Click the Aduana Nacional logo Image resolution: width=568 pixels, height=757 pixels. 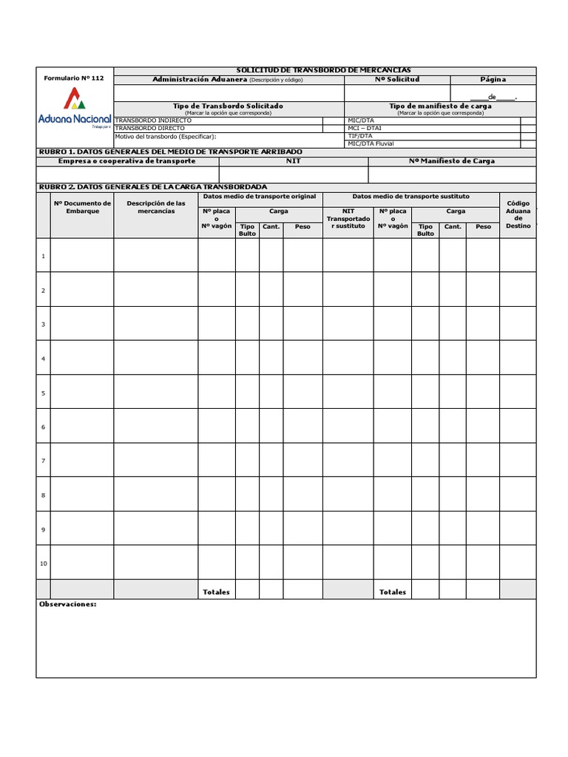(x=74, y=108)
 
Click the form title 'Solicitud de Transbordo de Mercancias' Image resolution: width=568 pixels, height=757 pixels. (x=323, y=69)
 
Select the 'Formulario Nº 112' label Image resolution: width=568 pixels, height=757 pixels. (x=74, y=78)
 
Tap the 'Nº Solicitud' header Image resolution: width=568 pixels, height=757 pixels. (x=397, y=79)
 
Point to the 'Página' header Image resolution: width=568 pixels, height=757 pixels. (x=493, y=79)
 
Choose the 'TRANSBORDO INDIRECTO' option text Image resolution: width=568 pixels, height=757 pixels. (x=153, y=120)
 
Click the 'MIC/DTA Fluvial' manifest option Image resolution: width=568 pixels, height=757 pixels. (x=371, y=144)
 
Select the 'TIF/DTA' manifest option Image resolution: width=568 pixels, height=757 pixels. (x=360, y=136)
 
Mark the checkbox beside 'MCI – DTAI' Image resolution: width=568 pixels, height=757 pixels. (x=528, y=128)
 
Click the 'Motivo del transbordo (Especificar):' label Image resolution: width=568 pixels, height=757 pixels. (x=166, y=136)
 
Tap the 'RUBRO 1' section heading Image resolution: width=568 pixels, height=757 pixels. (x=170, y=152)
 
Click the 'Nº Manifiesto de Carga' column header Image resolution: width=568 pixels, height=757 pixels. (x=452, y=160)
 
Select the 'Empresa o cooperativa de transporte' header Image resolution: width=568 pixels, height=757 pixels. (x=121, y=160)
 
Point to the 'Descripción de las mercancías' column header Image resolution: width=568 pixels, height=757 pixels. (x=155, y=207)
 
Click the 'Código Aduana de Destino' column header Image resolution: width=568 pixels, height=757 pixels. (x=518, y=214)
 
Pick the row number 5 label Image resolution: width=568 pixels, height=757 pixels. (x=44, y=393)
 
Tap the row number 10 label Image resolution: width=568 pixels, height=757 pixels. (x=44, y=563)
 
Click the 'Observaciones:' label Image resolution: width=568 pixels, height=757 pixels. (x=67, y=604)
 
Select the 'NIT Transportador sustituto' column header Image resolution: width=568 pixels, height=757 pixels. (x=348, y=218)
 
